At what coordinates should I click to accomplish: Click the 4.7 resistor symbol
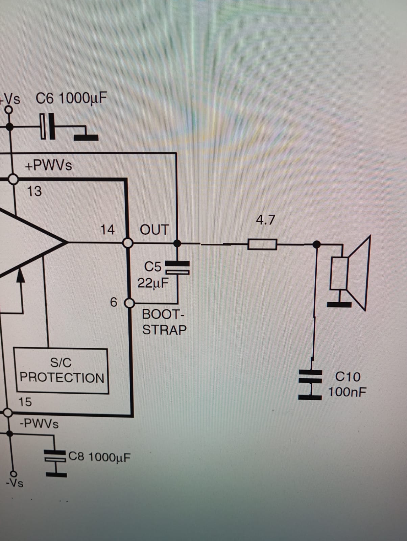click(x=262, y=244)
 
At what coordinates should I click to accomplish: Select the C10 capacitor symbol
click(x=310, y=384)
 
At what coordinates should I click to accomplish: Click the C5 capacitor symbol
click(x=177, y=267)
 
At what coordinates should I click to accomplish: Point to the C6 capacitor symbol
click(x=48, y=126)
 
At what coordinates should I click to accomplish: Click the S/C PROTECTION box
click(x=61, y=371)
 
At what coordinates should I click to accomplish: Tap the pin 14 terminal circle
click(x=128, y=243)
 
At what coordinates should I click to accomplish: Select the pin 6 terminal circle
click(x=129, y=303)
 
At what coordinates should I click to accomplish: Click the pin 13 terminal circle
click(x=13, y=179)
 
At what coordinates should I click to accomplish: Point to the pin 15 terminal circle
click(x=7, y=413)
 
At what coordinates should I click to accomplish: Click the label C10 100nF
click(x=347, y=384)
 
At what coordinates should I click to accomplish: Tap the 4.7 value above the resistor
click(x=265, y=220)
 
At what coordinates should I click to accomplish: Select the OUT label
click(x=154, y=230)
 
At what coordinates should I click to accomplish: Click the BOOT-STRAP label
click(x=164, y=322)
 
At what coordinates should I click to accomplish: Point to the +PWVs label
click(x=48, y=166)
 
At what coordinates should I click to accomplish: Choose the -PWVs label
click(x=39, y=424)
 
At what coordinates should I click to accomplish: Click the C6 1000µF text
click(x=71, y=99)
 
